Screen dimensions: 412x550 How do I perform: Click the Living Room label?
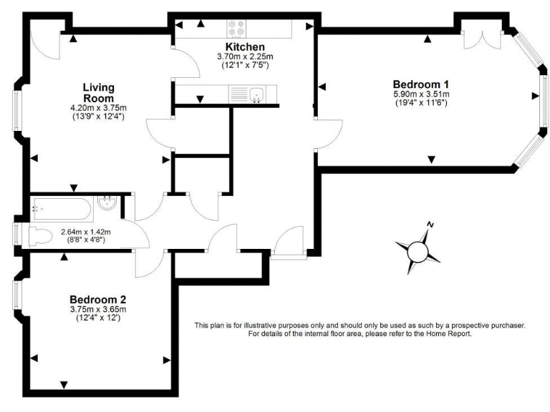(97, 92)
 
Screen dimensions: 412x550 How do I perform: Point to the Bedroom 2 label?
(97, 299)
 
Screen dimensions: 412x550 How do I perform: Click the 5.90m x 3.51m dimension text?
(420, 94)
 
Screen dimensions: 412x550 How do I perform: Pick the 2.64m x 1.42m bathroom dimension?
(85, 232)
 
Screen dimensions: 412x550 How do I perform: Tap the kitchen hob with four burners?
(238, 29)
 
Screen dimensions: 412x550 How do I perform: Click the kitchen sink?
(256, 94)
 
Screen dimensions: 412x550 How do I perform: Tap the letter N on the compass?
(430, 225)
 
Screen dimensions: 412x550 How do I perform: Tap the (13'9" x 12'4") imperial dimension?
(97, 116)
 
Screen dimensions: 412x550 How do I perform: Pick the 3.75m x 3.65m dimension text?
(97, 309)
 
